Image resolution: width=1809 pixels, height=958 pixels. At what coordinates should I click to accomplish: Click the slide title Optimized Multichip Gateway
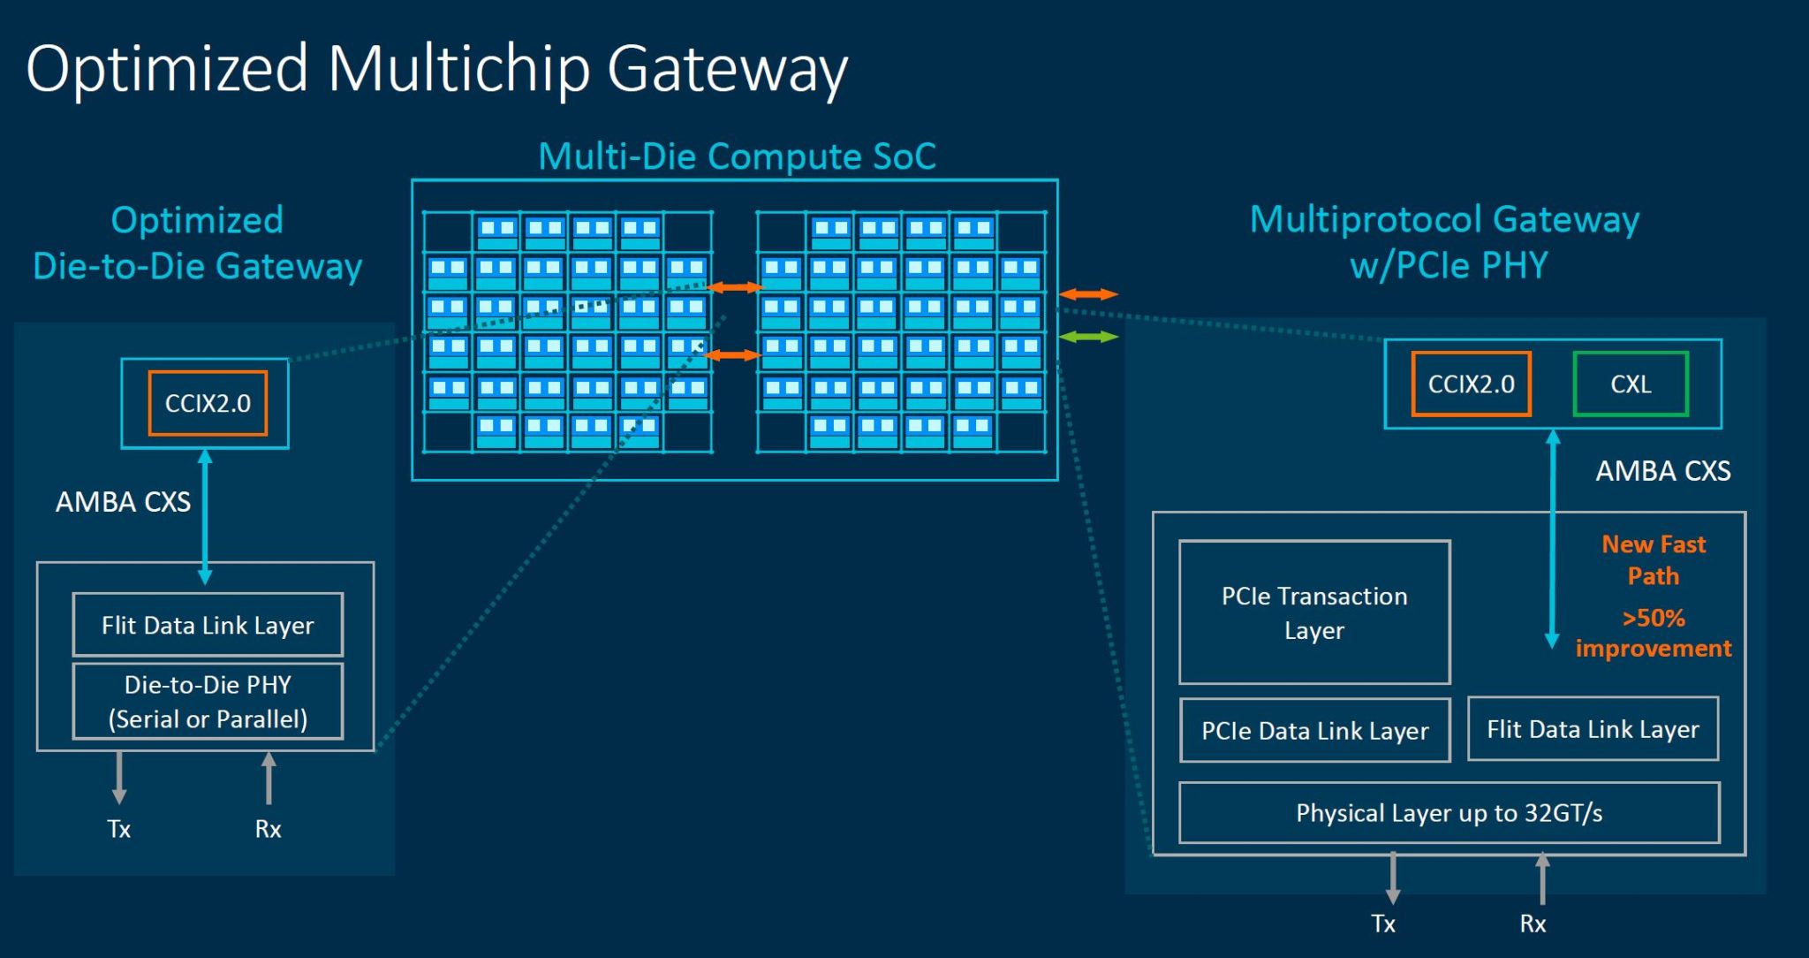436,69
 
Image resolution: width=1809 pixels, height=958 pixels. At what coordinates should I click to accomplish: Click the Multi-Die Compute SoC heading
737,156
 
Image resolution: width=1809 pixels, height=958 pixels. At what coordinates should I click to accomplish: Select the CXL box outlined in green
1631,384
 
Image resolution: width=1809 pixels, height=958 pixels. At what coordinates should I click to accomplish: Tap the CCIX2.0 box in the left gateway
208,403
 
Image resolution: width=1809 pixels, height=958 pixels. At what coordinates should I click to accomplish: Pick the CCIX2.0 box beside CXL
1471,384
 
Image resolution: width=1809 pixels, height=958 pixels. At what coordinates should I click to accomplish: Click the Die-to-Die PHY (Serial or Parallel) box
208,702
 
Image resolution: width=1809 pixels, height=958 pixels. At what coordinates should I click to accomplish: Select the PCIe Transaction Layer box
1314,612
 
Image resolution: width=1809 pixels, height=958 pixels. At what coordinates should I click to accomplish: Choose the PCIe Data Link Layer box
1314,731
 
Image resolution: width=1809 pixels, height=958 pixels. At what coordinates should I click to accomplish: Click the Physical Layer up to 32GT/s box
1449,813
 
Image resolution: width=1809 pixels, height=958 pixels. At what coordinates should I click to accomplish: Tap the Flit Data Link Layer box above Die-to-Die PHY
208,625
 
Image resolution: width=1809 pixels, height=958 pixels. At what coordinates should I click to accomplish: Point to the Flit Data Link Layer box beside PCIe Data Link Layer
1593,729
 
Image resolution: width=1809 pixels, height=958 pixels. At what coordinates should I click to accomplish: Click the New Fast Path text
1654,559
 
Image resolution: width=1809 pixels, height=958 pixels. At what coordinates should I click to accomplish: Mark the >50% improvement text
1654,633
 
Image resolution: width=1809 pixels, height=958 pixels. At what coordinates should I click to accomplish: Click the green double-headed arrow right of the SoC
1088,337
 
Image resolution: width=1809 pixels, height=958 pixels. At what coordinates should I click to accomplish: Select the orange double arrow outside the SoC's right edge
1088,294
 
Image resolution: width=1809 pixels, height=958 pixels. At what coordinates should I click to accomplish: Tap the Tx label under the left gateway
118,829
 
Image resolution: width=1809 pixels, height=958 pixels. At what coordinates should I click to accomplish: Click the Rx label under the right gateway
1533,924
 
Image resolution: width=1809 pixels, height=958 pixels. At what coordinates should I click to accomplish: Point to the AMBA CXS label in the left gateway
123,502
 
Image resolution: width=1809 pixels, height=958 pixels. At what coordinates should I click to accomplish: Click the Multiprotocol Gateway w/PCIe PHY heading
1445,242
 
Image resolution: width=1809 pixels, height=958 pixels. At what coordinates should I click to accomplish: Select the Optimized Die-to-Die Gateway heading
197,243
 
